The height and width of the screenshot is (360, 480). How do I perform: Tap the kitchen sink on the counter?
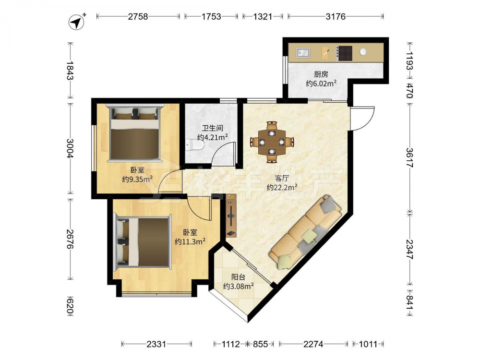(303, 53)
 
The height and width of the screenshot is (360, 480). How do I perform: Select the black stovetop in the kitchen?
(345, 53)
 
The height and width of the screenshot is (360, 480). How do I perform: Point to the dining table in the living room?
(272, 142)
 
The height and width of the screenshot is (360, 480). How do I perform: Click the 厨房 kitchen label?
(321, 74)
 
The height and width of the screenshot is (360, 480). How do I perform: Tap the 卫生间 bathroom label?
(212, 128)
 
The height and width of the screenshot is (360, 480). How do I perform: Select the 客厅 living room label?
(282, 178)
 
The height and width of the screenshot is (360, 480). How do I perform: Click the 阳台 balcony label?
(238, 277)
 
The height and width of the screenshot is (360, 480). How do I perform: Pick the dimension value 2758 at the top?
(138, 16)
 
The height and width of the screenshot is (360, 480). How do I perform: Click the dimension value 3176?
(336, 16)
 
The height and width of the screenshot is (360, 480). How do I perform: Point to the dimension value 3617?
(409, 157)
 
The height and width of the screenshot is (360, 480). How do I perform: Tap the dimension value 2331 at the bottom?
(156, 344)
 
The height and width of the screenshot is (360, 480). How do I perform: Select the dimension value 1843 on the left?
(70, 71)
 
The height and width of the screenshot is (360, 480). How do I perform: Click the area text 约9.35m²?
(137, 179)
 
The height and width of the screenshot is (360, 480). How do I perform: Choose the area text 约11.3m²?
(190, 241)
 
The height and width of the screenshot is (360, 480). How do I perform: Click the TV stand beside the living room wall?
(231, 216)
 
